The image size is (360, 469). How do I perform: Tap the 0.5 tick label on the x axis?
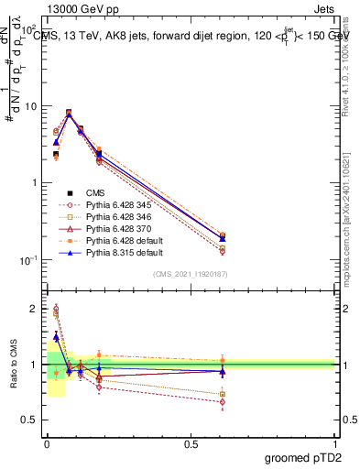(191, 442)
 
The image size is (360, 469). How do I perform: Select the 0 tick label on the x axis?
(47, 442)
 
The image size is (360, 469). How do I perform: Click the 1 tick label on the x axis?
(335, 442)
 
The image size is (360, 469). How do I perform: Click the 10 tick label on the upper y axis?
(31, 106)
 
